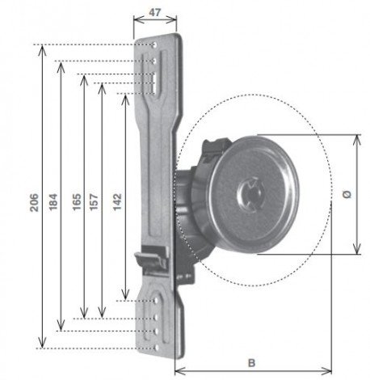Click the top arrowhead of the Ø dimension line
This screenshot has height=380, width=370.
tap(356, 137)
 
